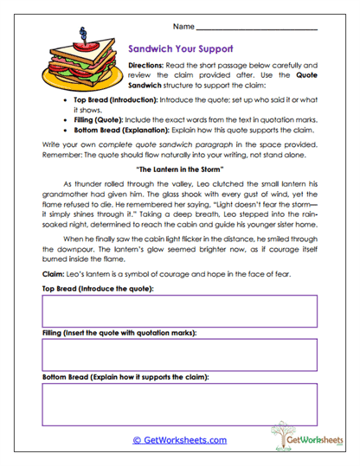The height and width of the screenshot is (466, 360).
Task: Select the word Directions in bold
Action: point(148,66)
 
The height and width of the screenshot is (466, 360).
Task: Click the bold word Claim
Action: point(54,275)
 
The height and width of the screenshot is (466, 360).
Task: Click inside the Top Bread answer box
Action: point(180,310)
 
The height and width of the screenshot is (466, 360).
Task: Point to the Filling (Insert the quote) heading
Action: point(119,333)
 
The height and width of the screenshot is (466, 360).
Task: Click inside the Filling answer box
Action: point(180,354)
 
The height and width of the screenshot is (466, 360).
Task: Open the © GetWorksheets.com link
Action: point(180,440)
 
